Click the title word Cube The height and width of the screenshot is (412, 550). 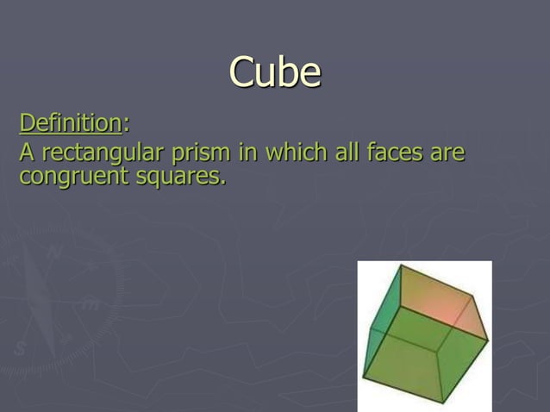[275, 72]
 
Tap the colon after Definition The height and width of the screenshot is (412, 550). [127, 126]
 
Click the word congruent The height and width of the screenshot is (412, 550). [70, 178]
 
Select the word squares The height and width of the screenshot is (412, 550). [176, 178]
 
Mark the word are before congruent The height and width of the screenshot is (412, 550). [447, 155]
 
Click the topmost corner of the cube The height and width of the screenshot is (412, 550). [399, 266]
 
